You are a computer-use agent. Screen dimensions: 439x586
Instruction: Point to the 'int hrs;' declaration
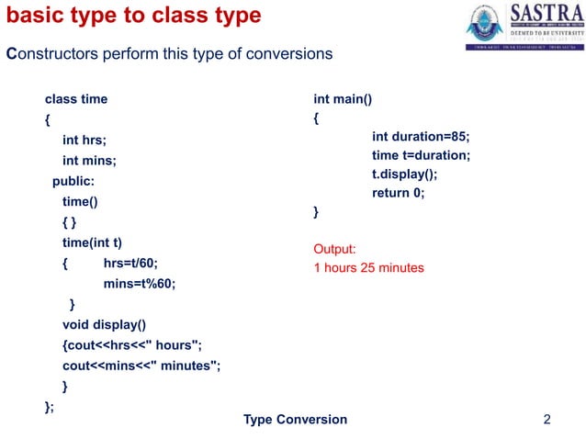tap(85, 141)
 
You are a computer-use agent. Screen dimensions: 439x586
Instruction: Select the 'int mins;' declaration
tap(89, 161)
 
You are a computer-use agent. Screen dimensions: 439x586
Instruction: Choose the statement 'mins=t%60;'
tap(139, 284)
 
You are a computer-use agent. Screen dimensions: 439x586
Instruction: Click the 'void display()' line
tap(104, 324)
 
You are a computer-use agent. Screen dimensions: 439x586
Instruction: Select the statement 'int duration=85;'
tap(421, 136)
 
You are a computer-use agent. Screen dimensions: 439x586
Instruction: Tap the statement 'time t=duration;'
tap(421, 155)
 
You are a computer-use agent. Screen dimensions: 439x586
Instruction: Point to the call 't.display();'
tap(405, 174)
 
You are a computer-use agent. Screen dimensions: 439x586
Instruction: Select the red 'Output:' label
tap(334, 249)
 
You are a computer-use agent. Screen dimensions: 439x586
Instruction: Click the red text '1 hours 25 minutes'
tap(368, 268)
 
